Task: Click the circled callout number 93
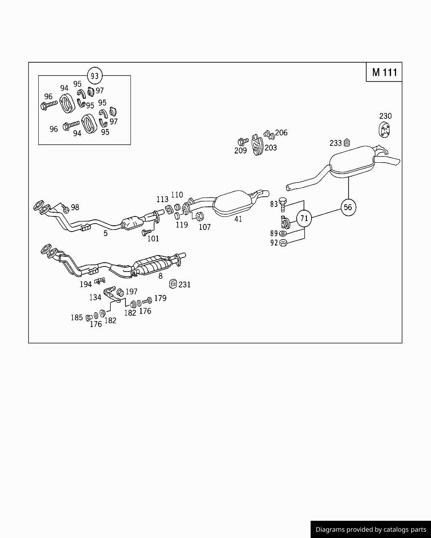point(95,76)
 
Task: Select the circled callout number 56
point(348,207)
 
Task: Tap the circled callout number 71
point(304,218)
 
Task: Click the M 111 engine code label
point(384,72)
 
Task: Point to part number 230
point(385,116)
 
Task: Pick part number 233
point(335,143)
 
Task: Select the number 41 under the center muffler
point(238,219)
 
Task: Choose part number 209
point(240,150)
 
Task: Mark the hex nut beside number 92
point(283,242)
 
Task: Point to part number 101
point(153,239)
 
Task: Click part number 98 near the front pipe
point(75,207)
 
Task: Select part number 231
point(184,285)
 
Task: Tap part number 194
point(85,285)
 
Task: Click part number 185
point(77,318)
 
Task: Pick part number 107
point(205,227)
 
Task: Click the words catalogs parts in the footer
point(404,530)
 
